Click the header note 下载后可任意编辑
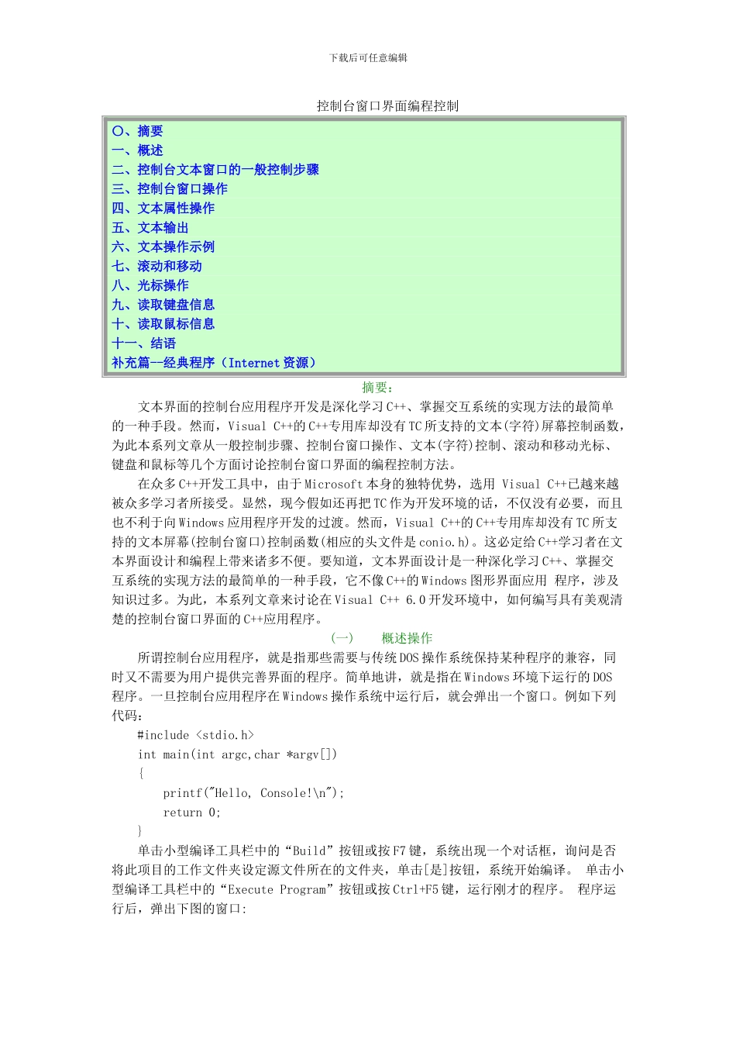coord(368,58)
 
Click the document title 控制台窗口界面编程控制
coord(387,106)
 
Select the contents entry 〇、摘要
coord(137,131)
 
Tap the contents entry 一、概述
coord(137,150)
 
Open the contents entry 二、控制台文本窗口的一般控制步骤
coord(215,170)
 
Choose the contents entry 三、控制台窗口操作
coord(169,189)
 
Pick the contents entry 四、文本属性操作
coord(163,209)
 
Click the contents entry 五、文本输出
coord(150,228)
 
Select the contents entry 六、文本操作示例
coord(163,247)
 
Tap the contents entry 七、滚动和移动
coord(156,267)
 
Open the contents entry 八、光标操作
coord(150,286)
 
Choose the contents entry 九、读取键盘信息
coord(163,305)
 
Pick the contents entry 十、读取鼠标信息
coord(163,325)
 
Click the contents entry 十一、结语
coord(143,343)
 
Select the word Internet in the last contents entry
coord(253,363)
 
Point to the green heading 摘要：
coord(378,388)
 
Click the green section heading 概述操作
coord(407,639)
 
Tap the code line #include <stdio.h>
coord(195,735)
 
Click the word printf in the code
coord(182,793)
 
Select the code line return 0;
coord(191,813)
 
